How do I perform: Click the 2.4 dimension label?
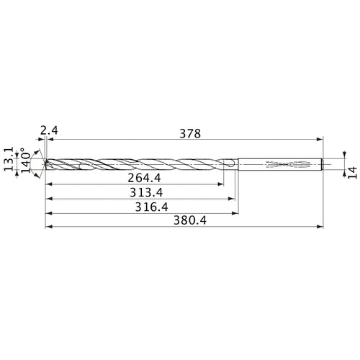(48, 130)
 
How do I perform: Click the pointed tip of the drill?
(45, 165)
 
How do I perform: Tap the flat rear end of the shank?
(322, 165)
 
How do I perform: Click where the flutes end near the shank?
(232, 165)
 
